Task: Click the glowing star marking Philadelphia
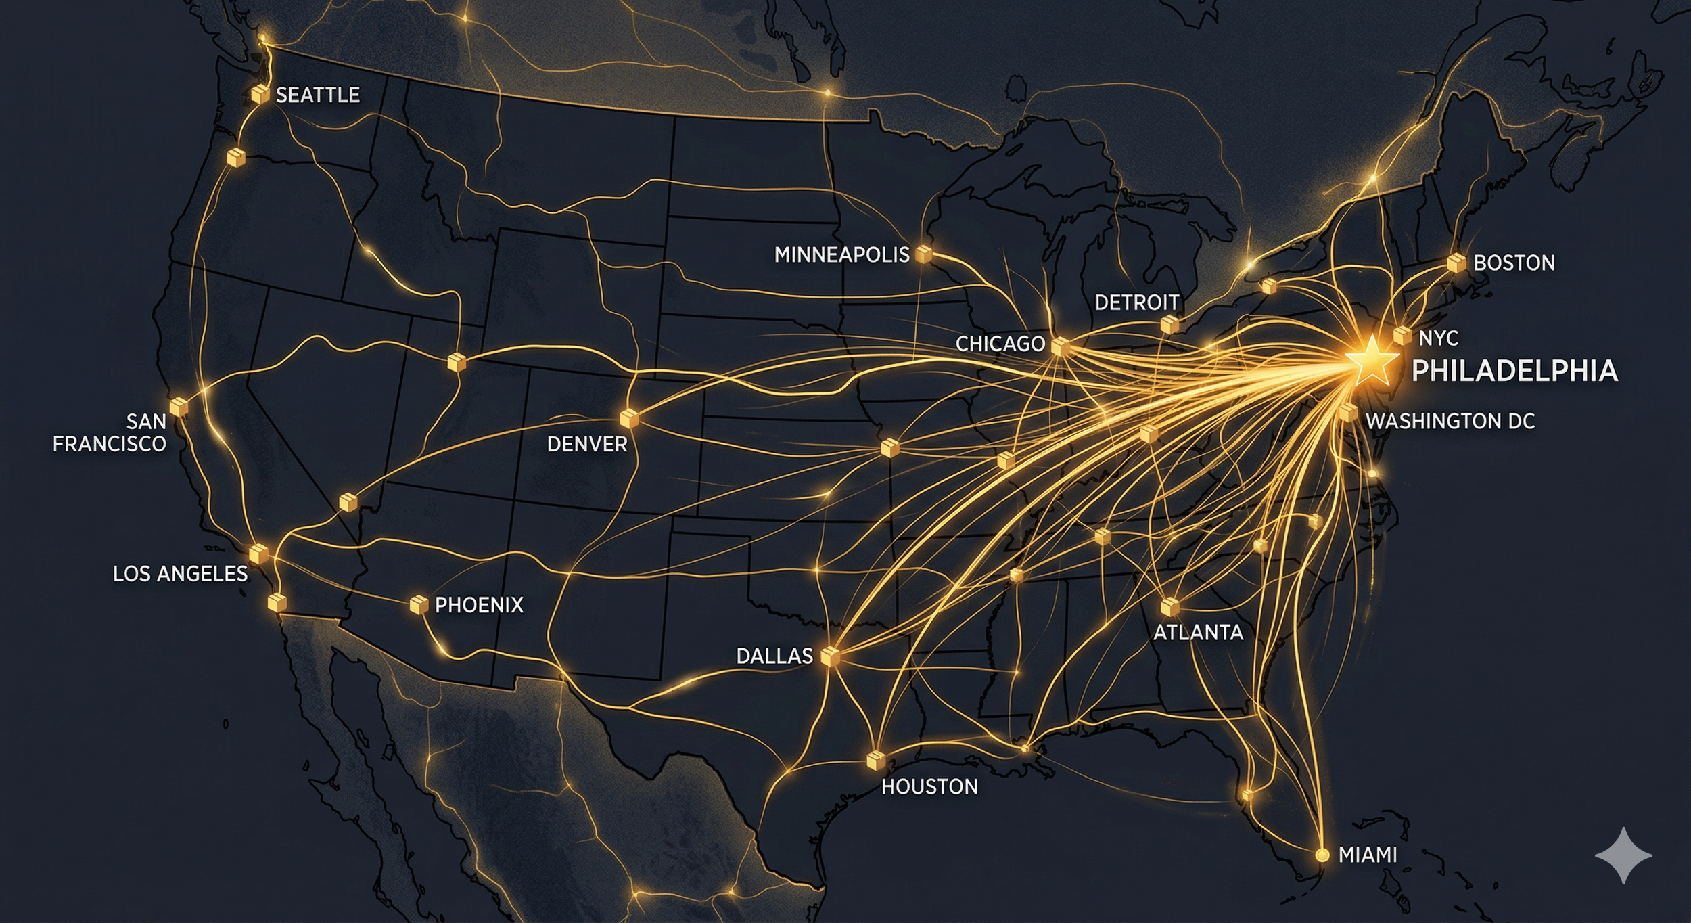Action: [x=1370, y=361]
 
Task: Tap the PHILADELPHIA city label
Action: [x=1514, y=371]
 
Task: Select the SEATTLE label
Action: [x=317, y=95]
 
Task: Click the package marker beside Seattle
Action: [x=259, y=94]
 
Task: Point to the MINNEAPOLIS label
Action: [x=841, y=255]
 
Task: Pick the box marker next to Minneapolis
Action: [x=923, y=254]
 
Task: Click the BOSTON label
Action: [x=1514, y=263]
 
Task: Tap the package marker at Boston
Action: [x=1456, y=263]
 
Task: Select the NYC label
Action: [x=1438, y=338]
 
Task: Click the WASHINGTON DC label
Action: [x=1450, y=421]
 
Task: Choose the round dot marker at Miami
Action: [x=1322, y=855]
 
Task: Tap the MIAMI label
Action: [x=1368, y=855]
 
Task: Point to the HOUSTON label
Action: [x=929, y=786]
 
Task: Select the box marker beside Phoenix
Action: [x=419, y=604]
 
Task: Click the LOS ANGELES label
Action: [x=180, y=574]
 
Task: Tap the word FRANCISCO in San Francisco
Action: [x=110, y=444]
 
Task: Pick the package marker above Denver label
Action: [x=629, y=418]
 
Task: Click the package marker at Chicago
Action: [x=1060, y=346]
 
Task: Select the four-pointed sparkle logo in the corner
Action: [x=1623, y=856]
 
